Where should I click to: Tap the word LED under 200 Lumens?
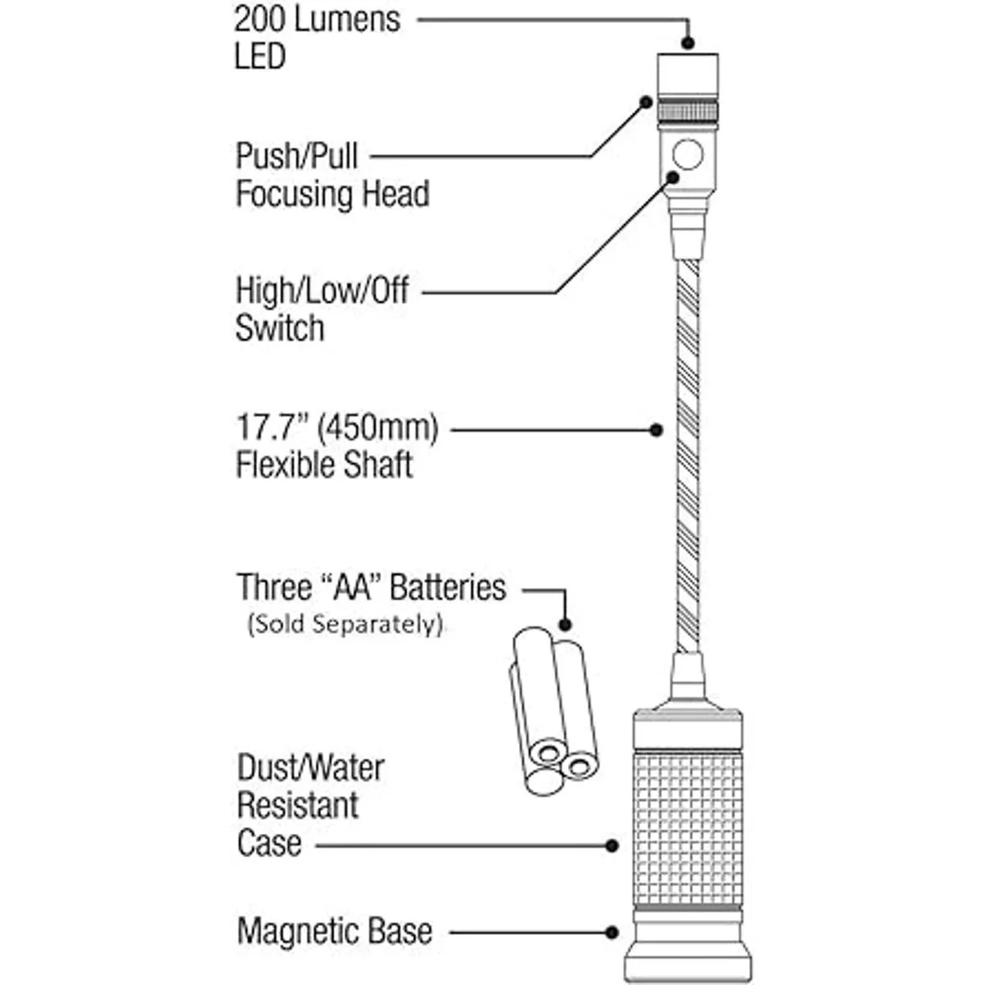coord(260,57)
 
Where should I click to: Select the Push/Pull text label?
coord(297,155)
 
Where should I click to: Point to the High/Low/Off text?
coord(322,291)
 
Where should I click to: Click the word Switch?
coord(280,328)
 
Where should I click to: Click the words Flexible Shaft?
coord(324,465)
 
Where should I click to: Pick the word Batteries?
coord(447,588)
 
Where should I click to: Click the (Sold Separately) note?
coord(345,625)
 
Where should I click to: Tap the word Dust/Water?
coord(310,768)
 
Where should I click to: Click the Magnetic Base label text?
coord(334,932)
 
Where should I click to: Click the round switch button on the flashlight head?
coord(688,154)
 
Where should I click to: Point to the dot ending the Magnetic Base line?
coord(612,932)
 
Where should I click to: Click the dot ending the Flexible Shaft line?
coord(656,429)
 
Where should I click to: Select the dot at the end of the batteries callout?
coord(565,625)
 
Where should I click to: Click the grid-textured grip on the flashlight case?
coord(689,829)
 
